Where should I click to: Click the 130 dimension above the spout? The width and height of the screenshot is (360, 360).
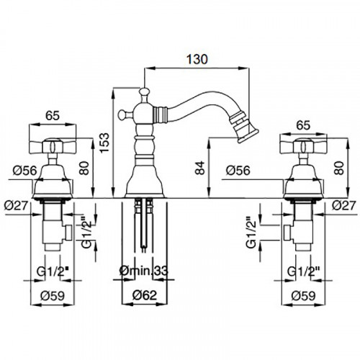(x=197, y=59)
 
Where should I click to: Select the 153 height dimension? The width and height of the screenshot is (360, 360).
(x=104, y=143)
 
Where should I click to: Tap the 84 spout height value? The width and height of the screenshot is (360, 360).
(x=200, y=168)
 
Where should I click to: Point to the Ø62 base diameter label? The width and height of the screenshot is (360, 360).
(x=145, y=295)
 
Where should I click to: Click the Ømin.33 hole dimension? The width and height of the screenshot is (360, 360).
(x=144, y=271)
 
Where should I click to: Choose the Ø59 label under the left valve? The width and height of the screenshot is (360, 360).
(x=53, y=295)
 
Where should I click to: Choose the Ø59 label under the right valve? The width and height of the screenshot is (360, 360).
(x=303, y=295)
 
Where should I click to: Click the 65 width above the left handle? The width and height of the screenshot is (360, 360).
(x=53, y=116)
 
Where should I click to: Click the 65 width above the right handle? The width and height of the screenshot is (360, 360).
(x=303, y=125)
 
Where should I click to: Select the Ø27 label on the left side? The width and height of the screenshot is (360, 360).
(x=17, y=206)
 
